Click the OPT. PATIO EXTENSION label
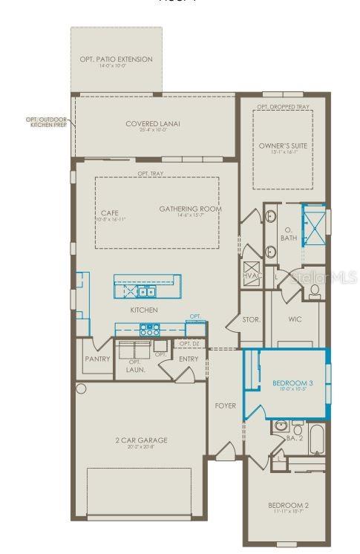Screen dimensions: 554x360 [116, 59]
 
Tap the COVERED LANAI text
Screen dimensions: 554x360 [154, 124]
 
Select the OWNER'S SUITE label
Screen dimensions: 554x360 [282, 145]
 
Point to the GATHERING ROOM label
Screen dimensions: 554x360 [191, 209]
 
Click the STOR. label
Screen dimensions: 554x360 [250, 321]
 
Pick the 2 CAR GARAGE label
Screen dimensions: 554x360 [140, 440]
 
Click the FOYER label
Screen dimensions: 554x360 [226, 406]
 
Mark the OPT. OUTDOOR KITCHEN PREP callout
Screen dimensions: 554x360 [47, 121]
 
